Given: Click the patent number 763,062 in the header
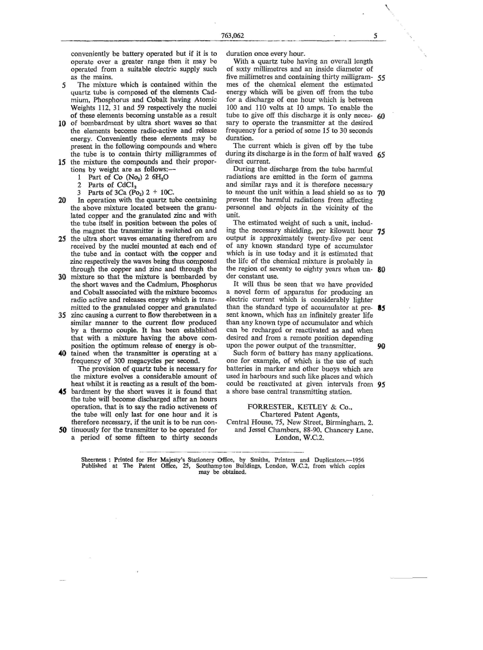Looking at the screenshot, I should click(233, 36).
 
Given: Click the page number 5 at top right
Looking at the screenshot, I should click(375, 36).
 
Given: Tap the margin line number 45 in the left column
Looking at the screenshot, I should click(63, 391).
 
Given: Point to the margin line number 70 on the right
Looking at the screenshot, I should click(380, 193).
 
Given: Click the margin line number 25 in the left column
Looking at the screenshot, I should click(63, 238).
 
